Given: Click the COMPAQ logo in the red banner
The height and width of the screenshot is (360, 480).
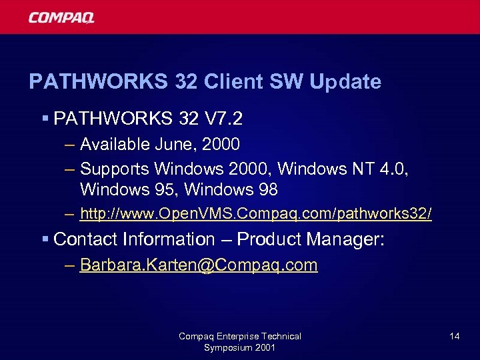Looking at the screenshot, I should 61,17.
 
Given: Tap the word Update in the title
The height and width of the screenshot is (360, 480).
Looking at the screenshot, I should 345,82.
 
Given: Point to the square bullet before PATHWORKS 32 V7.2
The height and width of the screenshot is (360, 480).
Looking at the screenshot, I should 45,119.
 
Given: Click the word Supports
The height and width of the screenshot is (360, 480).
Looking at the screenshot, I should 114,168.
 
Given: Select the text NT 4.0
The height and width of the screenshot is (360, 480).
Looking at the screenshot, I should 380,168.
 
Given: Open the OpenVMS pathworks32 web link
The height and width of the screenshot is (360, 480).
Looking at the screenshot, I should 255,214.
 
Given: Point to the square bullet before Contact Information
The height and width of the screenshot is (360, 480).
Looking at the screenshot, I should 45,239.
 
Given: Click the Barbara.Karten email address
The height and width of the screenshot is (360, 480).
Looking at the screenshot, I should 198,265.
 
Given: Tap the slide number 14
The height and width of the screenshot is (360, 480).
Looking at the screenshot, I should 454,336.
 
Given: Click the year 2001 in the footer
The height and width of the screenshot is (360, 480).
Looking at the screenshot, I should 264,348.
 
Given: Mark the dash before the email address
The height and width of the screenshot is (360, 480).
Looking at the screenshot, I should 70,265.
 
